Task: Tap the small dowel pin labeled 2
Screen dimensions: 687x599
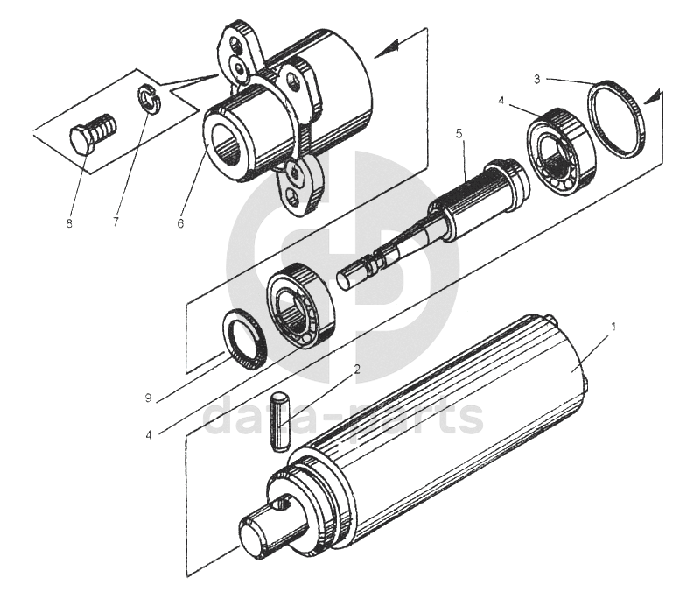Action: point(280,421)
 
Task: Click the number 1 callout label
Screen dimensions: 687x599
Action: point(613,326)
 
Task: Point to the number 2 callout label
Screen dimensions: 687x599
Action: point(357,369)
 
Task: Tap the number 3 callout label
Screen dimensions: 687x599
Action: point(537,79)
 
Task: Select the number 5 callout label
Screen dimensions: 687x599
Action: point(458,134)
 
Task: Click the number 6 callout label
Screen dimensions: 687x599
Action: point(180,223)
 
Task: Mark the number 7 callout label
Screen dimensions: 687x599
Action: point(115,223)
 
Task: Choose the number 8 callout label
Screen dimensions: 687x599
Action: point(68,223)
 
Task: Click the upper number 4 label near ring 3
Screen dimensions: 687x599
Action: point(501,102)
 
